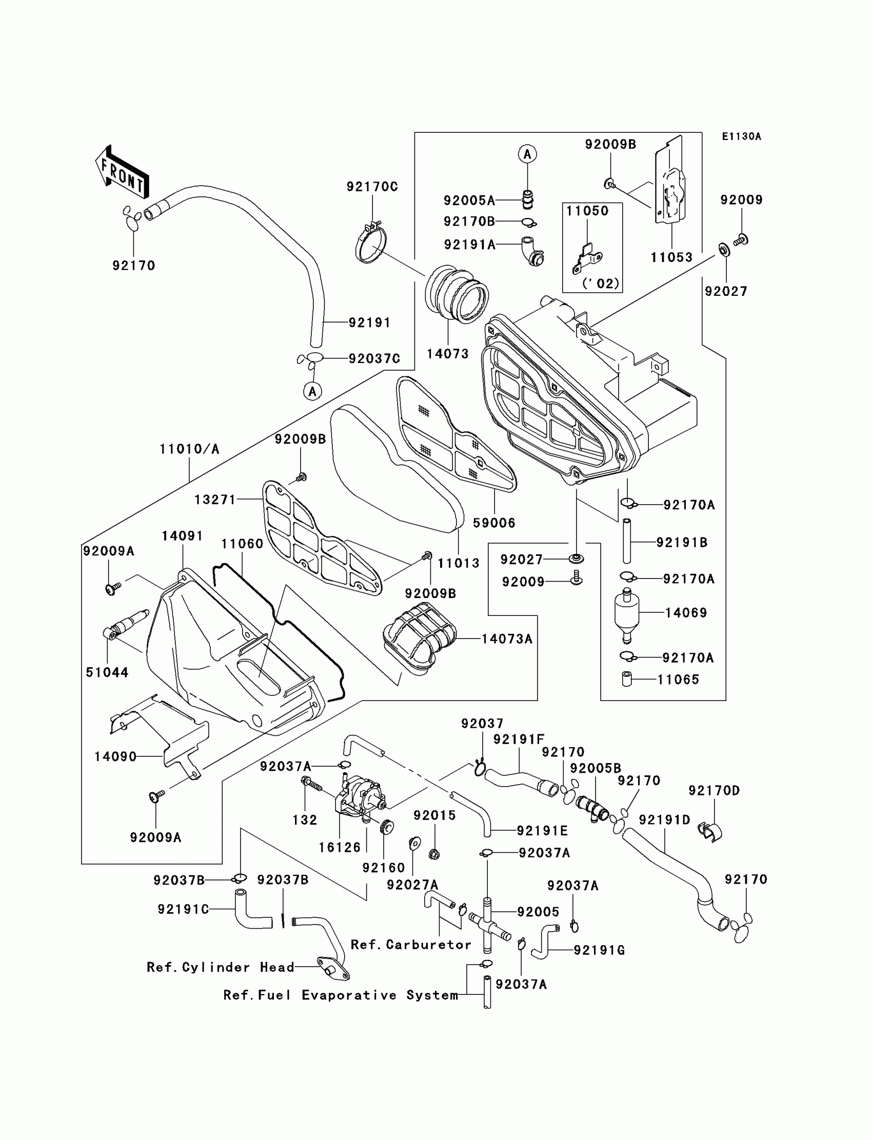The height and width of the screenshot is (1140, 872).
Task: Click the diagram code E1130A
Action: (x=741, y=136)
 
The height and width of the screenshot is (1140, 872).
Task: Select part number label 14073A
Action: (x=507, y=639)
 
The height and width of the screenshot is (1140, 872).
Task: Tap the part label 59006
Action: (x=493, y=523)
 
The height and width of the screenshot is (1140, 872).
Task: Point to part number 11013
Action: (x=459, y=563)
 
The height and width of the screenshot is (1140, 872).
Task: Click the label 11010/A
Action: (x=189, y=449)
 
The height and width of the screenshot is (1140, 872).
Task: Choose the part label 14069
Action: (x=686, y=612)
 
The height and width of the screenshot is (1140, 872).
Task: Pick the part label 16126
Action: (x=340, y=847)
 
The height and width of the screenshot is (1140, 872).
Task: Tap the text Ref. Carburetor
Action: (x=410, y=945)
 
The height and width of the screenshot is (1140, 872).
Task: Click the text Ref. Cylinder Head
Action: (x=220, y=967)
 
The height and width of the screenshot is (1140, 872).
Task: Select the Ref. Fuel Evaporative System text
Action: (x=341, y=995)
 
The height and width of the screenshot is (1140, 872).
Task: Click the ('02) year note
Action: (x=600, y=283)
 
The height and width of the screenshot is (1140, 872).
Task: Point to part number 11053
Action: (x=671, y=257)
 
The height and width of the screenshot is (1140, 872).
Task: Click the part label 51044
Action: (x=107, y=672)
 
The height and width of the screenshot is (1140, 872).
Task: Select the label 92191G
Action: (x=599, y=950)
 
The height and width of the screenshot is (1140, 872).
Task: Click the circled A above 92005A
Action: (x=527, y=154)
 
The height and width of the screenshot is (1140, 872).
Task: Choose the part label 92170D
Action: (x=714, y=790)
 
